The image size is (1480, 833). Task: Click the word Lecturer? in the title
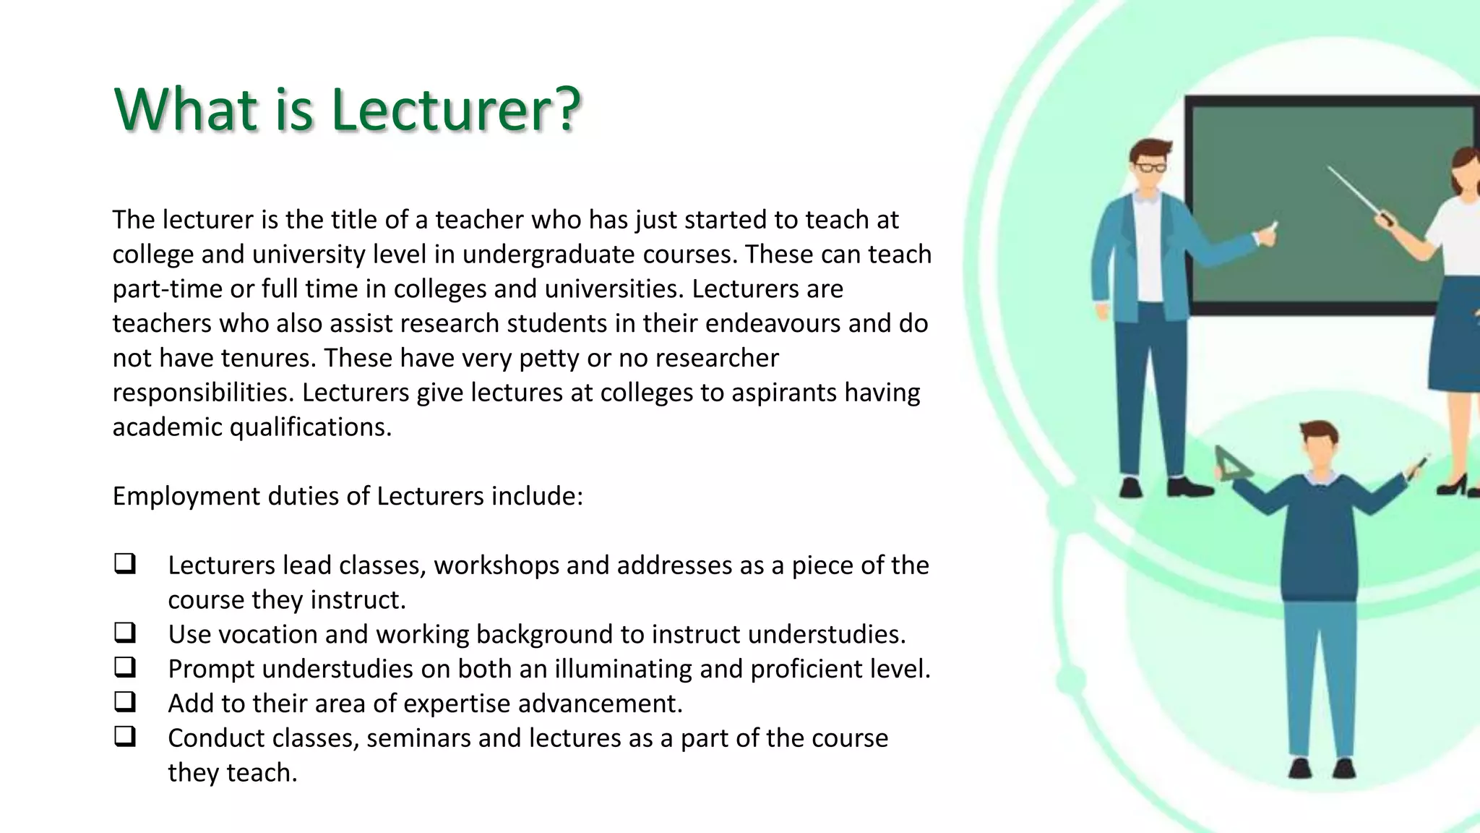click(456, 110)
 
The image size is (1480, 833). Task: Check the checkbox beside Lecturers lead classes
click(125, 564)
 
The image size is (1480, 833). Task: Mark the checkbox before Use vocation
click(125, 633)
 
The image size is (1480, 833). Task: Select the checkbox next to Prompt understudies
click(125, 667)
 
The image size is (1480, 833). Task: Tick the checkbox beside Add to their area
click(125, 702)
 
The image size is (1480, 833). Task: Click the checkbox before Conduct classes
click(125, 737)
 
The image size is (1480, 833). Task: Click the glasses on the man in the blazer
click(1149, 168)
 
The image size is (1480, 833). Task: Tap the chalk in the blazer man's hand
click(1273, 226)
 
